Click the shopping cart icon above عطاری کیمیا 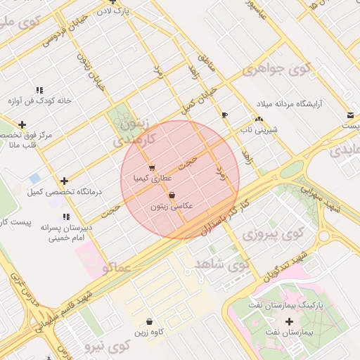pyautogui.click(x=152, y=168)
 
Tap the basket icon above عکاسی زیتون pyautogui.click(x=172, y=195)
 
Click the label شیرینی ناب pyautogui.click(x=262, y=130)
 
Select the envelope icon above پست pyautogui.click(x=349, y=115)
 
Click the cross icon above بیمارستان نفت pyautogui.click(x=289, y=321)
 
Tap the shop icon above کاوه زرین pyautogui.click(x=149, y=321)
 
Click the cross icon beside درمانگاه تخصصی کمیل pyautogui.click(x=65, y=181)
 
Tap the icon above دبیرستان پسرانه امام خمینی pyautogui.click(x=66, y=217)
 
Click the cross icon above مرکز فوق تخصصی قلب pyautogui.click(x=23, y=124)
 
